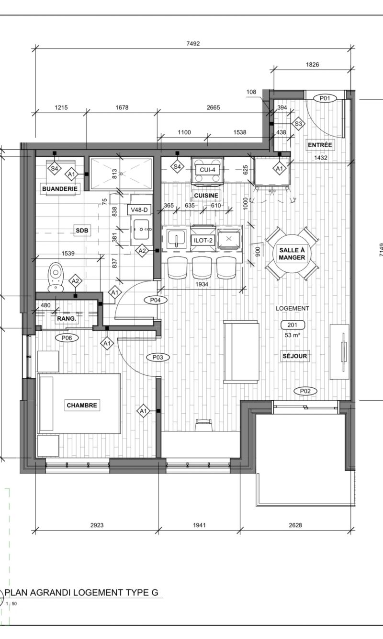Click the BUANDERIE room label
60,189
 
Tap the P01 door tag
325,98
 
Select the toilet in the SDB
56,277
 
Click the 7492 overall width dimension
193,44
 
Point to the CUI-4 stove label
207,170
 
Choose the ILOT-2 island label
203,240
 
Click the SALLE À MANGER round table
292,254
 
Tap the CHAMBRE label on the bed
82,405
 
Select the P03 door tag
158,357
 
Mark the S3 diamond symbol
298,124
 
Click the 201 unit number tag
293,325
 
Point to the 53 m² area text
293,335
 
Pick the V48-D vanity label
139,210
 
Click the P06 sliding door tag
67,338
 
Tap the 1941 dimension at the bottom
199,525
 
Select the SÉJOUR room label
294,356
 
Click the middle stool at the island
202,267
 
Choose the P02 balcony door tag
305,391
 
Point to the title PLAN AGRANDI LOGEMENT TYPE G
81,593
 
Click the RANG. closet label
67,319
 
